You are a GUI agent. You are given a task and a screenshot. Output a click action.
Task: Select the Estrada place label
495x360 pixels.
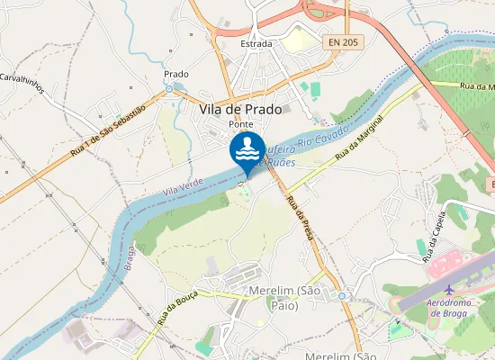pos(256,43)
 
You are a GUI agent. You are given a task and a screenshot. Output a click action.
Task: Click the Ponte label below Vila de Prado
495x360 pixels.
pos(240,123)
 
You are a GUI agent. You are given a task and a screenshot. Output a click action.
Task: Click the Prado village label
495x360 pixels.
pos(176,74)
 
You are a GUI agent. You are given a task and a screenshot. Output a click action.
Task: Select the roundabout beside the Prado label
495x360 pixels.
pos(168,90)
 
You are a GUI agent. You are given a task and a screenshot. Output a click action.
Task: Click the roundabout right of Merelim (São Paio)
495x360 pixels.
pos(341,294)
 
